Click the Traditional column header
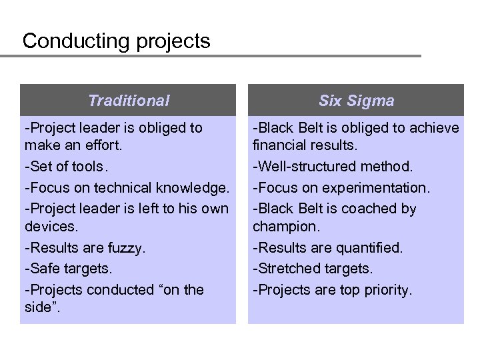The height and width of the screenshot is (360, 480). click(129, 101)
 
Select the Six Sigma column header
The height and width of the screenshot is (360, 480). click(356, 101)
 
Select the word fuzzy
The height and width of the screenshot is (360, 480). click(125, 248)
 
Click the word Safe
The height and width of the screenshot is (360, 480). click(42, 268)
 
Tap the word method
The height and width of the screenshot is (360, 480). click(386, 166)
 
